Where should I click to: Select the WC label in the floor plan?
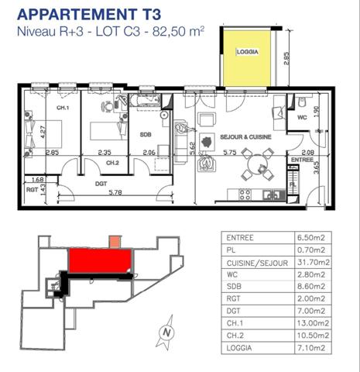click(x=304, y=118)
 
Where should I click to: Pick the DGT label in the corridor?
click(x=101, y=183)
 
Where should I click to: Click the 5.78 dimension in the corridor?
click(x=116, y=192)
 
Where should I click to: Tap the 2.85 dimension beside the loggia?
click(x=286, y=60)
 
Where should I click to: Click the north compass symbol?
click(x=164, y=333)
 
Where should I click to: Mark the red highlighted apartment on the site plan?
click(x=99, y=260)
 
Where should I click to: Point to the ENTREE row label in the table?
click(x=241, y=237)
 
